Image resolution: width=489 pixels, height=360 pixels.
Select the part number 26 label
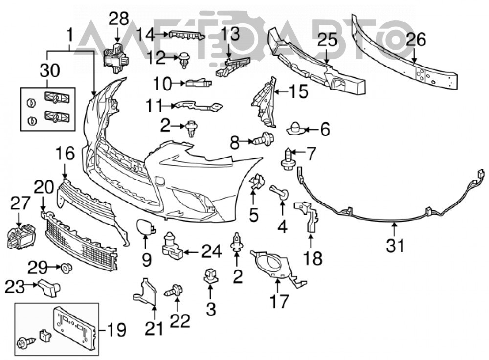417,40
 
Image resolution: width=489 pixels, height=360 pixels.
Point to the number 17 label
279,301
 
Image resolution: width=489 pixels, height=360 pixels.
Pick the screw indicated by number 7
288,159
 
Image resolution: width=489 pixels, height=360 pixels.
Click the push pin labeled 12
185,60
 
